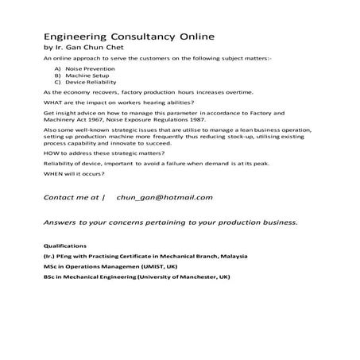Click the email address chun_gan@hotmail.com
[x=165, y=196]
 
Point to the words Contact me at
[x=73, y=196]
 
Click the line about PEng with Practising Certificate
[x=145, y=256]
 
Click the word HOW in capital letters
[x=52, y=152]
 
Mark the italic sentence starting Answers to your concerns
[x=171, y=222]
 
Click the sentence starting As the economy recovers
[x=149, y=93]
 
